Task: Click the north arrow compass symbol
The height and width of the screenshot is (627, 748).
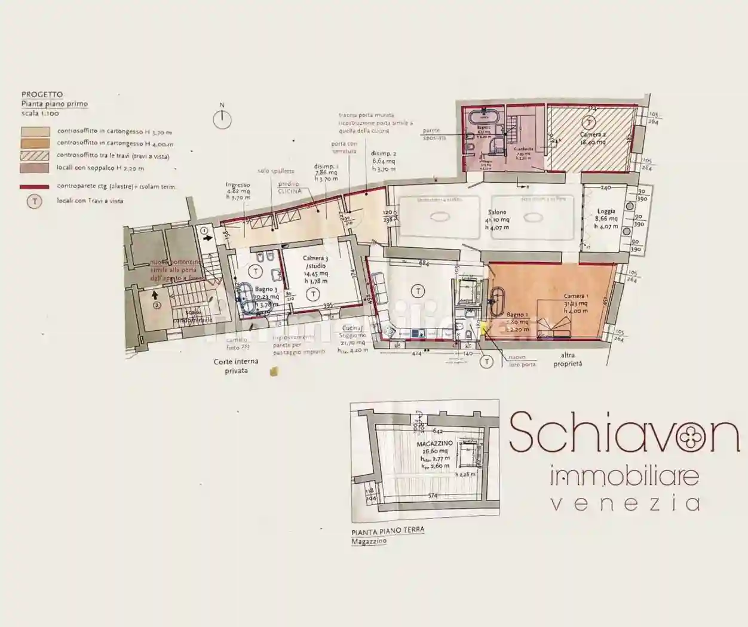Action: (222, 119)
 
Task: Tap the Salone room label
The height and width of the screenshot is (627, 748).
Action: (497, 213)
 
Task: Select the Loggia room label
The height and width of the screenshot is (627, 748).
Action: (606, 211)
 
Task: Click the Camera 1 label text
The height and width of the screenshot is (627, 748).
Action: (576, 296)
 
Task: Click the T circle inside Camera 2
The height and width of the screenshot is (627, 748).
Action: (590, 122)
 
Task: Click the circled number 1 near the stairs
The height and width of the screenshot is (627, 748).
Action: (204, 229)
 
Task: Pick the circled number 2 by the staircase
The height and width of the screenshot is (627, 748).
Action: (157, 305)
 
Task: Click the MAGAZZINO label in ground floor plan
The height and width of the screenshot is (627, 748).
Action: (434, 444)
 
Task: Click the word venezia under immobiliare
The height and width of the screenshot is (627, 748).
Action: (624, 503)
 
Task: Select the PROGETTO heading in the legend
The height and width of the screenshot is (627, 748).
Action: (42, 94)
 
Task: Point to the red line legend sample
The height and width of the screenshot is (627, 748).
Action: (35, 187)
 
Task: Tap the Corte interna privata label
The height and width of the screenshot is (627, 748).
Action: (236, 366)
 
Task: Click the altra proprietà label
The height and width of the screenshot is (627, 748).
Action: (568, 359)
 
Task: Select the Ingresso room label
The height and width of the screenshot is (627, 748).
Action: (238, 185)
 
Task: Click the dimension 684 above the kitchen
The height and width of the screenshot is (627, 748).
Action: (424, 263)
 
